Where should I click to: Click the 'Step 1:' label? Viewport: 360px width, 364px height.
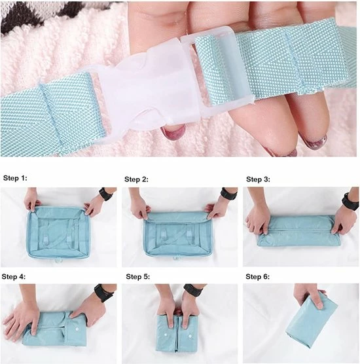[x=15, y=178]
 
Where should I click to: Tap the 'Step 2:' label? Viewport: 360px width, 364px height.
[x=136, y=179]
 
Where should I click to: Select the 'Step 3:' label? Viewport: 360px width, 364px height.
[x=258, y=179]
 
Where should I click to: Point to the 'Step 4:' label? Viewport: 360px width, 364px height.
[x=14, y=277]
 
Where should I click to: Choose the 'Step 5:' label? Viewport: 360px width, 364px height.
[x=138, y=277]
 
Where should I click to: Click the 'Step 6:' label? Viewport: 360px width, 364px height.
[x=258, y=277]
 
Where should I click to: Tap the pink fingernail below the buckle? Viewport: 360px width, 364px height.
[x=172, y=133]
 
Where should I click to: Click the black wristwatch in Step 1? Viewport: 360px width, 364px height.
[x=105, y=193]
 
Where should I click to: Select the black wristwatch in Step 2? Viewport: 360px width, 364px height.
[x=228, y=193]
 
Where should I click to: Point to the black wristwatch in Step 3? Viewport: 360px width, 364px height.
[x=350, y=201]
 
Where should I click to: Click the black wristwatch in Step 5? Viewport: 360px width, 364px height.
[x=193, y=290]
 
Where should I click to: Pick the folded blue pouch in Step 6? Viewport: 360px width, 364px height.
[x=312, y=321]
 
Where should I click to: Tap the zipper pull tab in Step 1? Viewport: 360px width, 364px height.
[x=56, y=261]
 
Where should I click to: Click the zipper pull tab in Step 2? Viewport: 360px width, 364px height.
[x=176, y=259]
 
